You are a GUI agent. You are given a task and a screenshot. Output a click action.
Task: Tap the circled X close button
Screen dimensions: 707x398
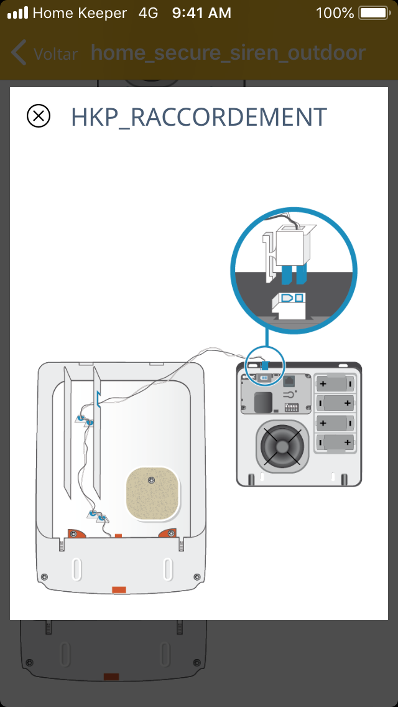[39, 116]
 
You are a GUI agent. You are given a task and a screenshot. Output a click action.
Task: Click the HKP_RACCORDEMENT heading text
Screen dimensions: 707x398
[199, 117]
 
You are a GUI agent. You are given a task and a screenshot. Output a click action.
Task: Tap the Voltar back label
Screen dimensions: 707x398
[55, 54]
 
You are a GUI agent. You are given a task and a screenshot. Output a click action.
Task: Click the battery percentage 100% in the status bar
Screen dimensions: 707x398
[335, 13]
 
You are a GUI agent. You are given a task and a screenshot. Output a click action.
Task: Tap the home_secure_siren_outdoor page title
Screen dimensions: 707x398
[228, 53]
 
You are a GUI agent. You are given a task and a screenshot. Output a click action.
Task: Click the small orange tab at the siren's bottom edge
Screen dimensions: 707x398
[118, 589]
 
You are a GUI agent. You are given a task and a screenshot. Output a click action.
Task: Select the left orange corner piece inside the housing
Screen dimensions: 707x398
[77, 533]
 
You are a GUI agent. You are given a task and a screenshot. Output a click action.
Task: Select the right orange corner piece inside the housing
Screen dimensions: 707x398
[168, 533]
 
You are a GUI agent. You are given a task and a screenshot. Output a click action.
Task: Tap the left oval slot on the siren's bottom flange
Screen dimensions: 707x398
[76, 569]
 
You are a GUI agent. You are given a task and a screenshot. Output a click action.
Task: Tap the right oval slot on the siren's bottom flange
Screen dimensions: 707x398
[167, 569]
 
